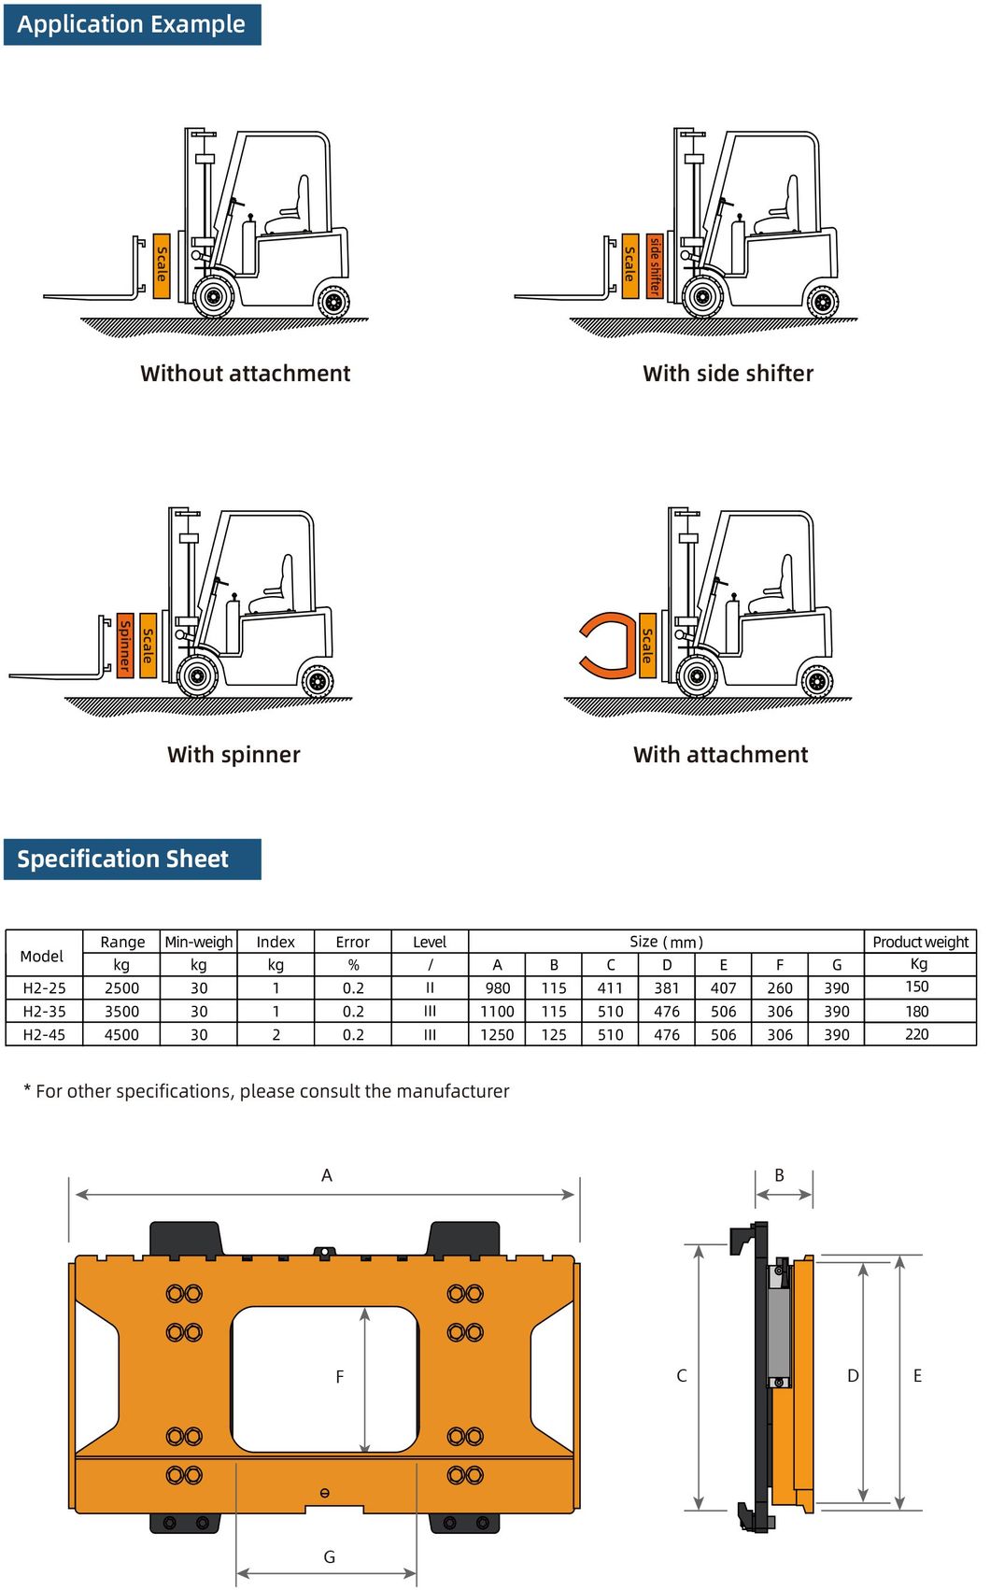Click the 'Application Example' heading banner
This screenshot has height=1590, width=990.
click(132, 24)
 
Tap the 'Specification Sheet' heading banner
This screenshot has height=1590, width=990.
click(132, 859)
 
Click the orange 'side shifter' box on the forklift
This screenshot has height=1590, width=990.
click(655, 266)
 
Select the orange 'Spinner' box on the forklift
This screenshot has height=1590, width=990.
click(124, 646)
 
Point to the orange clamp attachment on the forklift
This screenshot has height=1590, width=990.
click(607, 645)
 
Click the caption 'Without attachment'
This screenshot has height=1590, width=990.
click(245, 374)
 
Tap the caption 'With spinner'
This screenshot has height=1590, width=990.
click(233, 755)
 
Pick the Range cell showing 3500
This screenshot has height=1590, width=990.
click(121, 1012)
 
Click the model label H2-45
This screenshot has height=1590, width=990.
click(44, 1035)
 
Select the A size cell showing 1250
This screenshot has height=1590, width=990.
click(497, 1035)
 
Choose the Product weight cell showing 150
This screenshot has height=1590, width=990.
click(917, 987)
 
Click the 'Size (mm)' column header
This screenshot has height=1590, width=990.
click(666, 942)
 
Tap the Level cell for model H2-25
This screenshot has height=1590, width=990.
click(430, 988)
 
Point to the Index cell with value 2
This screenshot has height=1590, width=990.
click(276, 1035)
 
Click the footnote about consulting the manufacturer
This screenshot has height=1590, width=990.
click(266, 1091)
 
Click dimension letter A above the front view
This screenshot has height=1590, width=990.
click(327, 1175)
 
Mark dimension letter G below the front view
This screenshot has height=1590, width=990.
click(329, 1557)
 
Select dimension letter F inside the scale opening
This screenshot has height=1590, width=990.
click(340, 1377)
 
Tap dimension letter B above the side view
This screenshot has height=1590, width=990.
click(780, 1175)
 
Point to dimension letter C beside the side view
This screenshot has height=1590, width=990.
click(682, 1376)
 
